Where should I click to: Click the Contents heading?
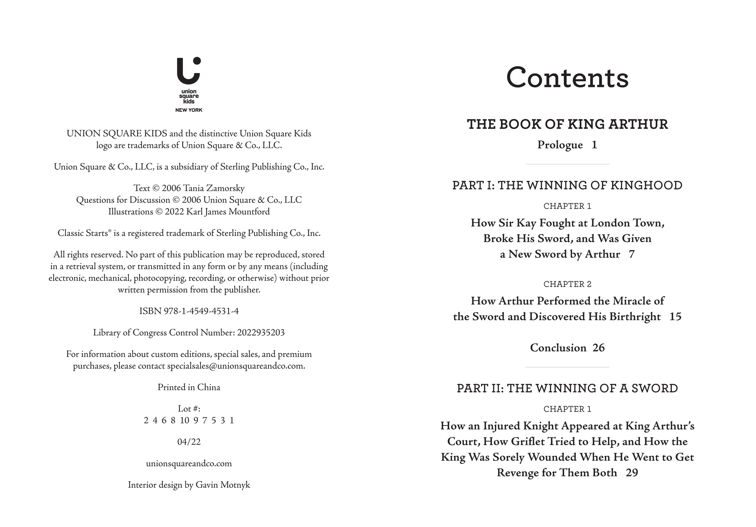pos(567,78)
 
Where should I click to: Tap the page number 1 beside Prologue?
pos(594,145)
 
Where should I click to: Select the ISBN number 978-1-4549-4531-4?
pos(201,311)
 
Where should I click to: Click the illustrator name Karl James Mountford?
pos(228,211)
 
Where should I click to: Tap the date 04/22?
pos(189,442)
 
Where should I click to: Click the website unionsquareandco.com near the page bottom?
pos(189,463)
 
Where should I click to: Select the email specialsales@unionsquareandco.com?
pos(236,366)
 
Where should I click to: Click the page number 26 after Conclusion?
pos(598,348)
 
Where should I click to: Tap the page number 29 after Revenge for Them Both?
pos(632,473)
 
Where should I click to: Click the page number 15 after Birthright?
pos(675,317)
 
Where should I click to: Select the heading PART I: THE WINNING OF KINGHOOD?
pos(567,185)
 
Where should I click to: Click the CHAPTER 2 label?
pos(567,284)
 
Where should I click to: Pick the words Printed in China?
pos(189,387)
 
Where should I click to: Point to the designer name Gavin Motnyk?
pos(223,485)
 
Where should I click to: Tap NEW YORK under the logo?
pos(189,110)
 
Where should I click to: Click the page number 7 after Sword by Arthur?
pos(631,254)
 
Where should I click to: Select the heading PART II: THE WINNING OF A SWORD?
pos(567,388)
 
